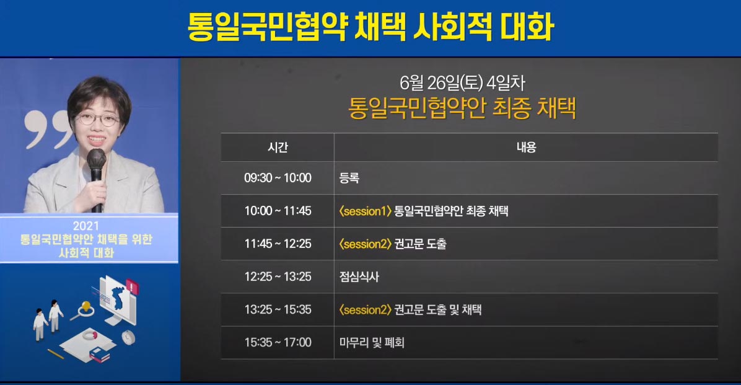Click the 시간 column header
[x=278, y=148]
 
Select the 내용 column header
[x=526, y=148]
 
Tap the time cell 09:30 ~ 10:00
[x=278, y=178]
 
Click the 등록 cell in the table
[x=349, y=178]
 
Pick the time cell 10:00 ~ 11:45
[x=278, y=211]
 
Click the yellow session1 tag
[x=366, y=211]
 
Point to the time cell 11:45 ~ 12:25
[x=278, y=244]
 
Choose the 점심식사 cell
[x=359, y=277]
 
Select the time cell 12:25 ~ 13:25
[x=278, y=277]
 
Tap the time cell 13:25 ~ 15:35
[x=278, y=310]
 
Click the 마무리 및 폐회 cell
[x=372, y=342]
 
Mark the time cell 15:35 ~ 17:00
[x=278, y=342]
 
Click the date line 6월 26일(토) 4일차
[x=462, y=83]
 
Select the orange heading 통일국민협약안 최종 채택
[x=462, y=108]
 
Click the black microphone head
[x=97, y=159]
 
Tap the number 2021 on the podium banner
[x=86, y=226]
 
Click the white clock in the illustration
[x=128, y=337]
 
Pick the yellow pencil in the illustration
[x=56, y=353]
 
